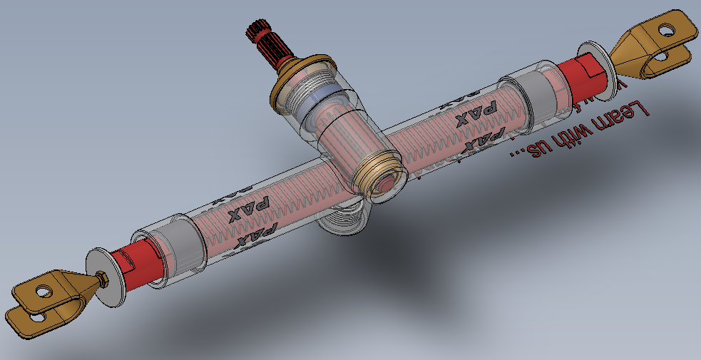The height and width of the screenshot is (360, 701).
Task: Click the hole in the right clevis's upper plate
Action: [665, 31]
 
